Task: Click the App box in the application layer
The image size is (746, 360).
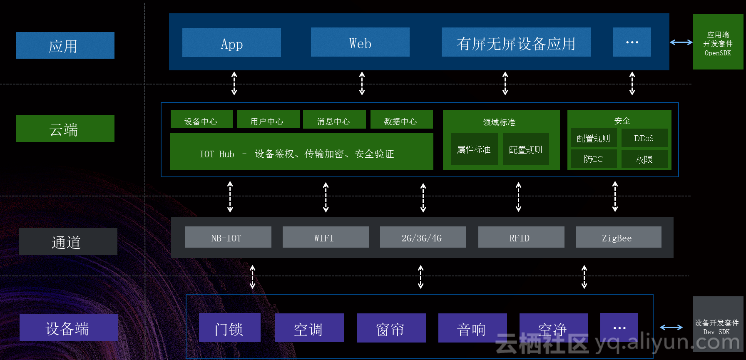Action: point(231,42)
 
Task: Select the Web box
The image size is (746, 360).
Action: point(360,42)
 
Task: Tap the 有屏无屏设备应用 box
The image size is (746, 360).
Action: point(516,42)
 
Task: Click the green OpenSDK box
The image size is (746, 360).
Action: point(718,42)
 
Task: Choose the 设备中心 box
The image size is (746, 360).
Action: point(201,119)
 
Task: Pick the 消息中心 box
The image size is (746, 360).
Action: point(334,119)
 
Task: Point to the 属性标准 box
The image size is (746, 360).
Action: point(474,149)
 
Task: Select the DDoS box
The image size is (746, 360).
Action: point(644,138)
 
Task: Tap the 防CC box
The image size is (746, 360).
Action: point(594,159)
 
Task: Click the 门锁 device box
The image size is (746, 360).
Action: point(229,328)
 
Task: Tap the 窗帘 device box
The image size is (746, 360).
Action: point(391,328)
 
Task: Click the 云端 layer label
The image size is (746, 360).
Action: point(65,129)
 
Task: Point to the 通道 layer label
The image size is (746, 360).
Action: point(68,241)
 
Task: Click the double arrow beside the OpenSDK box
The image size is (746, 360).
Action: point(681,42)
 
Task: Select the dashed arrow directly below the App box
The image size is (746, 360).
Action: point(234,83)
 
